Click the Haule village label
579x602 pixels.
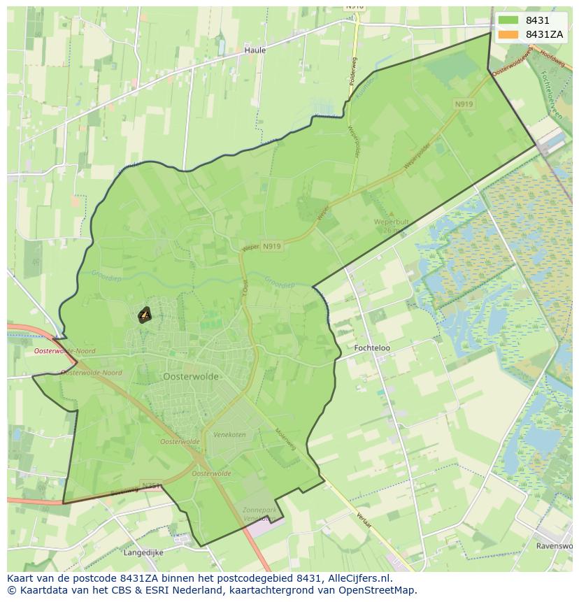(x=255, y=50)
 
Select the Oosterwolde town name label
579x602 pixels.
(x=190, y=376)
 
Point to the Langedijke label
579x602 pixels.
(x=143, y=552)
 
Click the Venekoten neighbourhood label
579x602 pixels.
(x=229, y=435)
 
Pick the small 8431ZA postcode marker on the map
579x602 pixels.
(x=145, y=315)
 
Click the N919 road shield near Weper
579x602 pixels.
(x=271, y=246)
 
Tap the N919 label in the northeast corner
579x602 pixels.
(x=463, y=103)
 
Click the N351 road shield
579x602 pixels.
(x=150, y=485)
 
